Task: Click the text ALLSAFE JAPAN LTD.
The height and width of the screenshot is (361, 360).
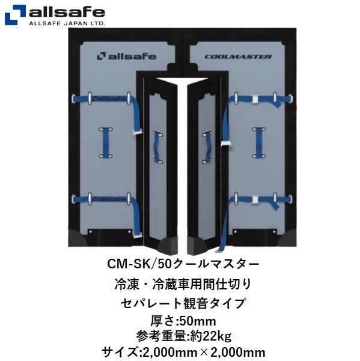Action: click(67, 23)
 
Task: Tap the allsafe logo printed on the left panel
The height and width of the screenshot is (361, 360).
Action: click(127, 57)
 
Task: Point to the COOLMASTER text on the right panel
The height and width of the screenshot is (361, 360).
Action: click(238, 57)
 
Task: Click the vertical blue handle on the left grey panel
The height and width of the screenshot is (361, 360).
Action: click(106, 143)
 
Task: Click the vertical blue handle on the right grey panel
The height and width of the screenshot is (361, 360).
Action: click(259, 143)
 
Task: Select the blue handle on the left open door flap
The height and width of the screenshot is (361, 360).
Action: click(158, 147)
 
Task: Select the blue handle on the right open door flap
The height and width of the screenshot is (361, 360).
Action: click(207, 147)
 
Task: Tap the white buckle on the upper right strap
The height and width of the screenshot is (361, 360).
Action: click(255, 99)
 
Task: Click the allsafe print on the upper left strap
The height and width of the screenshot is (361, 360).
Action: click(109, 99)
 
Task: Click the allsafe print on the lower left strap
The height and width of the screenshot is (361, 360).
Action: click(109, 199)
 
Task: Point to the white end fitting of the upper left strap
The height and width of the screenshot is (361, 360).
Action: click(137, 132)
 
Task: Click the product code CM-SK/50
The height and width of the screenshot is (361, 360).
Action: click(139, 264)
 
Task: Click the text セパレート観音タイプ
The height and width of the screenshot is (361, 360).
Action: click(183, 303)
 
